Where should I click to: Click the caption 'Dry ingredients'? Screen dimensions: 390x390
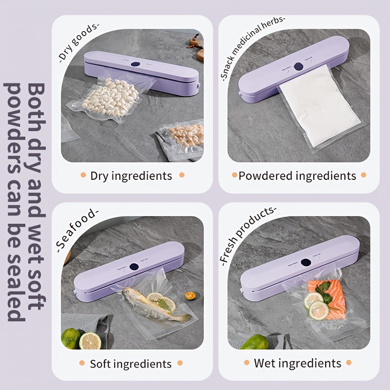131,175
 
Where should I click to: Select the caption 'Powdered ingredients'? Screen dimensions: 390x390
297,175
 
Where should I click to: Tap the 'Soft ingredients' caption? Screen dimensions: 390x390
131,364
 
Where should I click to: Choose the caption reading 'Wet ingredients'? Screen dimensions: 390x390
297,363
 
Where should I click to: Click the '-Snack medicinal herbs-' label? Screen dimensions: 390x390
253,46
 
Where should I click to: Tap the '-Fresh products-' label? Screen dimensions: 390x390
248,234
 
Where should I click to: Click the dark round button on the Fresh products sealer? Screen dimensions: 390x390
305,262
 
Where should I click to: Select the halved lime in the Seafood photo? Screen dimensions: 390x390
90,341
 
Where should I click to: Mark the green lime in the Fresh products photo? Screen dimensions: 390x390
254,342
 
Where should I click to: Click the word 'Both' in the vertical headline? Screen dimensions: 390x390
36,102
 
